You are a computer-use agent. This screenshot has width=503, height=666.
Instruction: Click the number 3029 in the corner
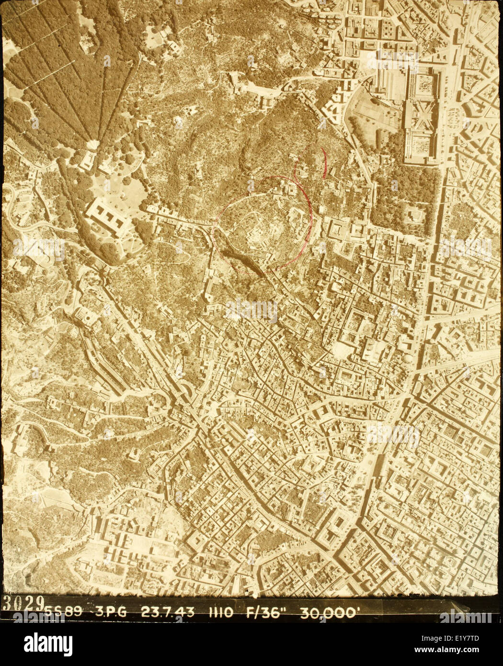23,603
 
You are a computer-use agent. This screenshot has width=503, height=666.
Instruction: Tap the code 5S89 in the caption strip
63,612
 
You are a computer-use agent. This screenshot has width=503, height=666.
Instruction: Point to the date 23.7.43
167,612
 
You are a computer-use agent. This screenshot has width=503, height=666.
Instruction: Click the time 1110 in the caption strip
220,612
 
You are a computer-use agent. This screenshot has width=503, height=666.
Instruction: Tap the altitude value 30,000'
328,612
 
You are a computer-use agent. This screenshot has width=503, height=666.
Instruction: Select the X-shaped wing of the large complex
420,115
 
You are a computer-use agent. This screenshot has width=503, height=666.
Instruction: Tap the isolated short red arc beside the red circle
324,163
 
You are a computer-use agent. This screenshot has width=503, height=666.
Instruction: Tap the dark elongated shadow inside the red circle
247,264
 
